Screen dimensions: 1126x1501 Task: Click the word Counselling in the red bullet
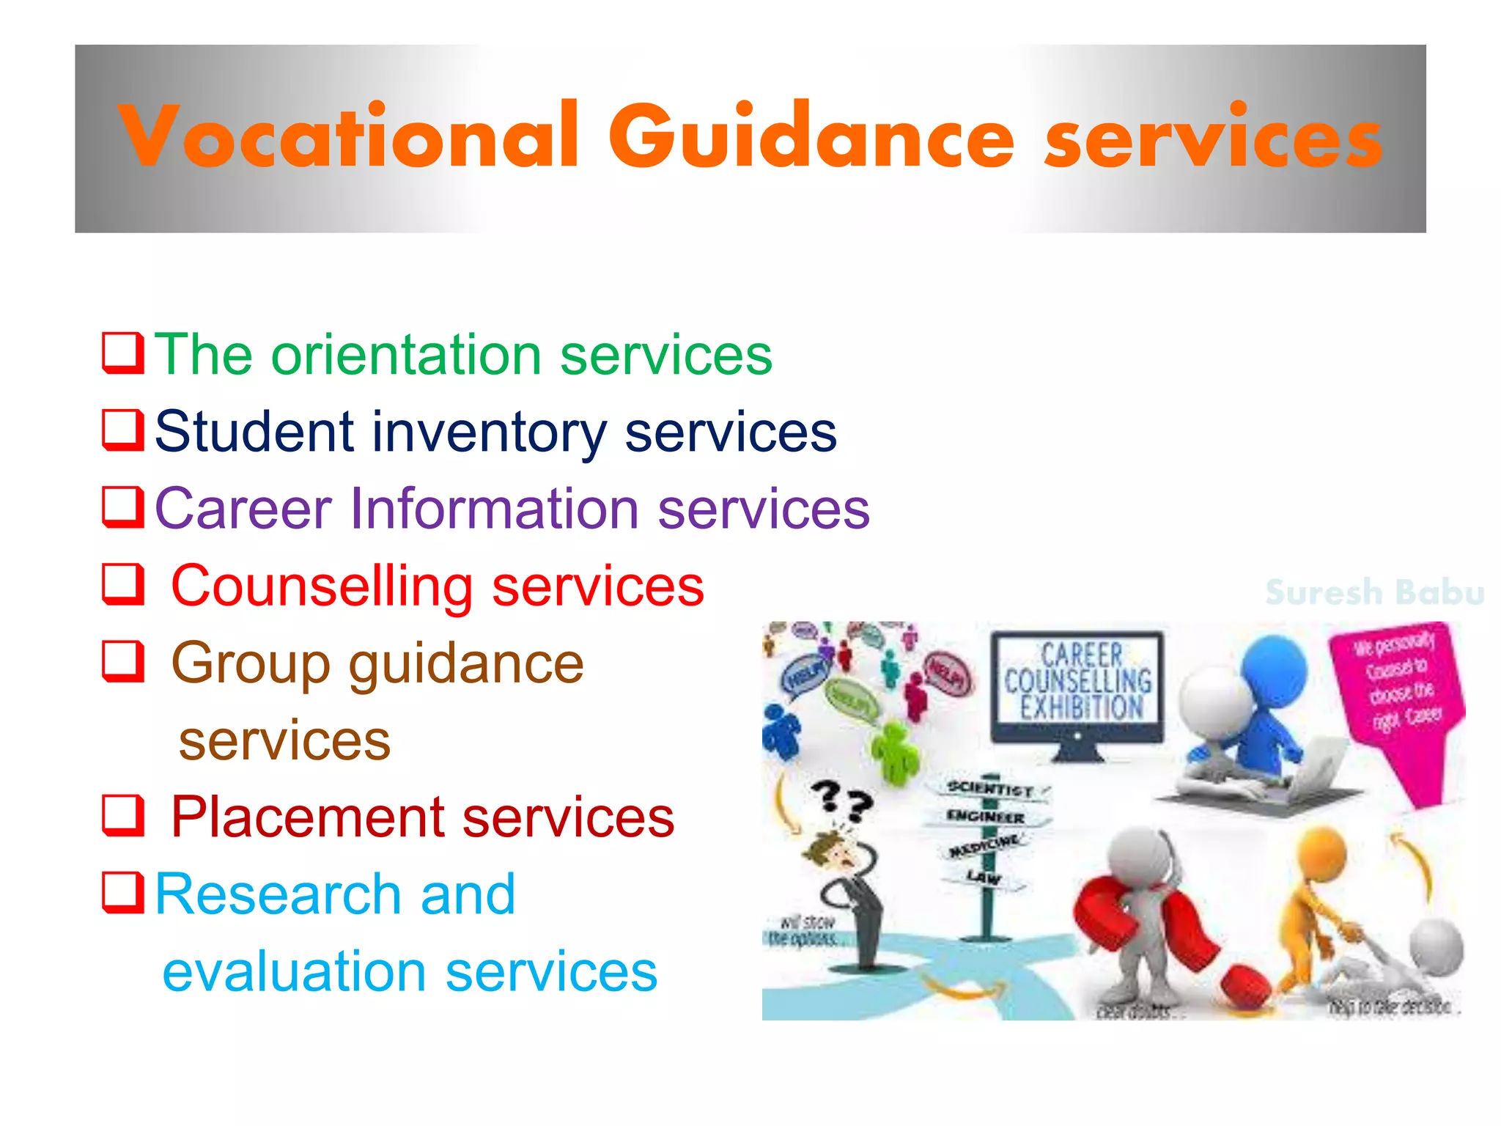coord(322,586)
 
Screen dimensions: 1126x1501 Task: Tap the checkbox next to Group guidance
coord(122,661)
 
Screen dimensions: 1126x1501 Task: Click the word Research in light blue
coord(279,894)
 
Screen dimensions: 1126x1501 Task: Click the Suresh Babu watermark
coord(1374,592)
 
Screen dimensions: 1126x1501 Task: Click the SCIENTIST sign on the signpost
coord(989,789)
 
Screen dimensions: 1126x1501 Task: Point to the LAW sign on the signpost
coord(983,876)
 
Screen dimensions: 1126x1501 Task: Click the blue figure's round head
coord(1274,671)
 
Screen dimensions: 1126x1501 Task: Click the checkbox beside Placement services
coord(122,816)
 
